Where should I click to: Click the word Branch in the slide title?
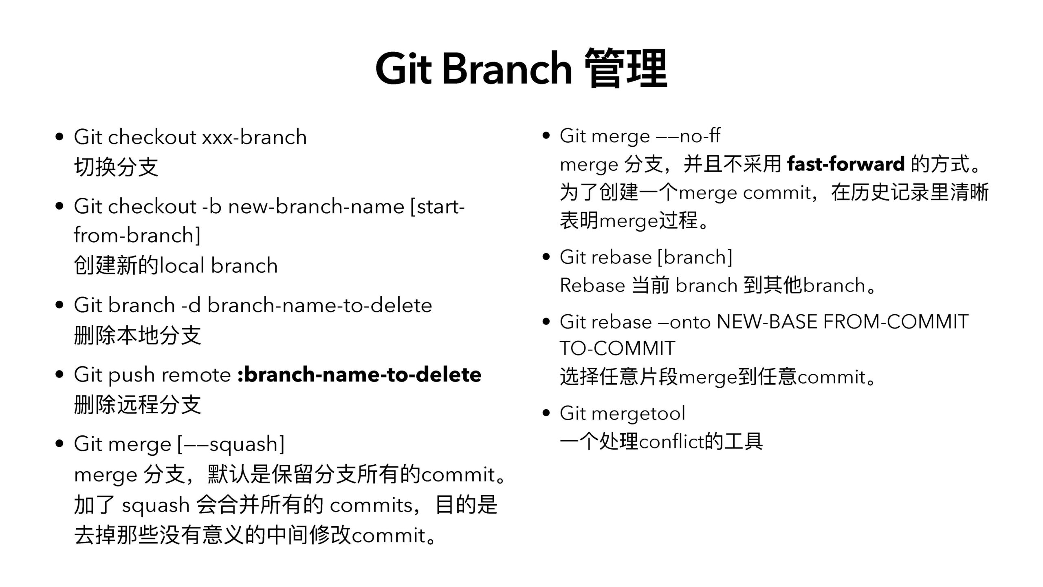(x=507, y=68)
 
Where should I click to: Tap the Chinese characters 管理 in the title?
(x=626, y=68)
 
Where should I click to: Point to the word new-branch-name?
(x=316, y=206)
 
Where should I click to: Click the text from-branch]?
(x=137, y=235)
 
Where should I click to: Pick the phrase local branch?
(x=218, y=265)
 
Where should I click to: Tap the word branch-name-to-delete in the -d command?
(x=320, y=305)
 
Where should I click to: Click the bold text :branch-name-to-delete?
(x=359, y=375)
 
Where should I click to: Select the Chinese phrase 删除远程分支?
(x=137, y=405)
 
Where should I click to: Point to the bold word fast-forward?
(x=846, y=164)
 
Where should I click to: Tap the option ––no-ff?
(x=689, y=136)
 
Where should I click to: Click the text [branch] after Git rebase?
(x=695, y=257)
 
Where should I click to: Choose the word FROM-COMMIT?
(x=896, y=322)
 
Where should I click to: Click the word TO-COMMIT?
(x=617, y=349)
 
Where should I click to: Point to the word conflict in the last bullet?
(x=671, y=441)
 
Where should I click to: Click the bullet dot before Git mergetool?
(x=547, y=413)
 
